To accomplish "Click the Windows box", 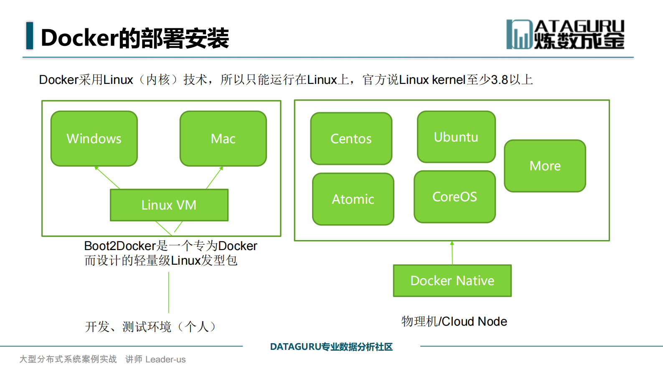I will pos(94,139).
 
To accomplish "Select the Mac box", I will pos(223,139).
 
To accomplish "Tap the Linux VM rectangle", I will pos(169,205).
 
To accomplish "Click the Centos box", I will pos(351,139).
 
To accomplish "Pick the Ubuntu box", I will pos(456,137).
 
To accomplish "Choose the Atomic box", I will pos(353,199).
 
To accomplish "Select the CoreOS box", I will pos(455,197).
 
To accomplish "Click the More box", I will pos(545,166).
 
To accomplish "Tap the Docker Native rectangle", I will pos(452,281).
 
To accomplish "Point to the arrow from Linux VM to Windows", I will pos(107,177).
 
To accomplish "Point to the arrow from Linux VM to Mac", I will pos(215,177).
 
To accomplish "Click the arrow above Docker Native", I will pos(452,253).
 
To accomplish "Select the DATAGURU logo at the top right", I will pos(565,34).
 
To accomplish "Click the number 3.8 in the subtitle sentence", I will pos(499,80).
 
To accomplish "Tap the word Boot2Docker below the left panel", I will pos(120,246).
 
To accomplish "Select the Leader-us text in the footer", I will pos(165,359).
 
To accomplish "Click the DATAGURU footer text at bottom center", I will pos(331,347).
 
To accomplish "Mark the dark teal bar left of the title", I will pos(29,35).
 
